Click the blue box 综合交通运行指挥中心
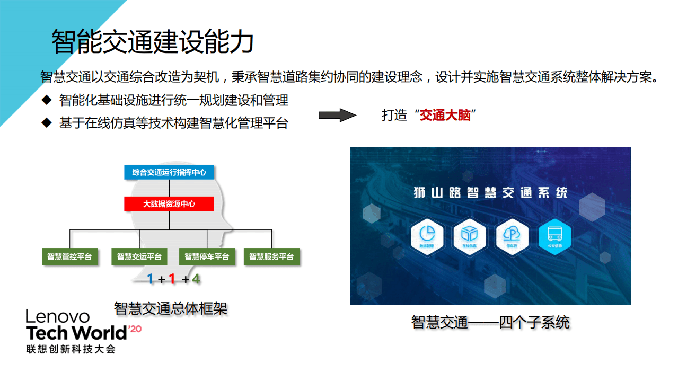(x=169, y=172)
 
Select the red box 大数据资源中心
(x=169, y=203)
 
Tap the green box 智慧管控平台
(x=69, y=257)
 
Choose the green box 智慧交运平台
(x=139, y=257)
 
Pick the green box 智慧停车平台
(x=207, y=257)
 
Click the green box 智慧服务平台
(x=271, y=257)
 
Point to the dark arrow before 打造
(x=337, y=115)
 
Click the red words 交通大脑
(x=445, y=115)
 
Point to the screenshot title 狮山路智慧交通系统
(x=490, y=192)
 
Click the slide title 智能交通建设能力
(x=152, y=41)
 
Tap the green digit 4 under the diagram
(x=196, y=279)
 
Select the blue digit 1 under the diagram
(x=151, y=279)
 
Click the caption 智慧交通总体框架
(x=171, y=308)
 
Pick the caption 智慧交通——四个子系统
(x=490, y=322)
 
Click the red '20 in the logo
(x=135, y=329)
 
